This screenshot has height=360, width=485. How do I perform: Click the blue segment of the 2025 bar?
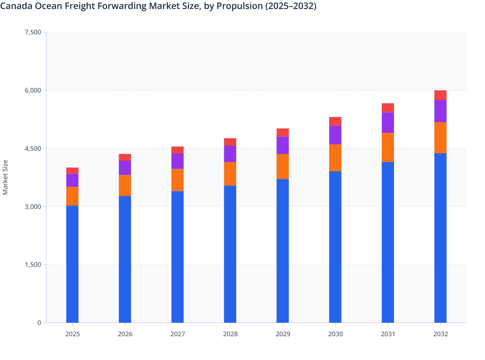[x=72, y=264]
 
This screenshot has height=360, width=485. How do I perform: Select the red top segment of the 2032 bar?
[x=440, y=95]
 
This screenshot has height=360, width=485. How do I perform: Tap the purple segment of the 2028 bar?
[x=230, y=154]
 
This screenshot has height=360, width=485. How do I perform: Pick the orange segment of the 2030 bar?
[x=335, y=158]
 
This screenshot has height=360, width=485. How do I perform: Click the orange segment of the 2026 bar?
[x=125, y=185]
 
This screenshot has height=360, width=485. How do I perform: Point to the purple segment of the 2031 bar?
[x=388, y=122]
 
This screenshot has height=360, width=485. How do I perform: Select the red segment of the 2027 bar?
[x=178, y=150]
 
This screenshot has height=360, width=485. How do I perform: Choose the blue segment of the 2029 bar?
[x=283, y=251]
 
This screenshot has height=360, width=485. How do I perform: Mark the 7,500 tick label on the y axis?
[x=33, y=32]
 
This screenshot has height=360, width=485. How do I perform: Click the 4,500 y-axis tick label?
[x=33, y=148]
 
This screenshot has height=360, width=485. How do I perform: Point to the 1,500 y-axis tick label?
[x=33, y=265]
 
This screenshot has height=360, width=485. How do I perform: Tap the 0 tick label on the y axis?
[x=39, y=323]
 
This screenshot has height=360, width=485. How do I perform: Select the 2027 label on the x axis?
[x=178, y=334]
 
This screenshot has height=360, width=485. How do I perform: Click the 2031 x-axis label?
[x=388, y=334]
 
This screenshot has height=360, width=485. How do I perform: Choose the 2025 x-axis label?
[x=72, y=334]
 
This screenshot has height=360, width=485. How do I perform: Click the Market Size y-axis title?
[x=5, y=177]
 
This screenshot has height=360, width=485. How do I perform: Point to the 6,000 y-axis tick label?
[x=33, y=90]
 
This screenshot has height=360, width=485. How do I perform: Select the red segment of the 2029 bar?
[x=283, y=132]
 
